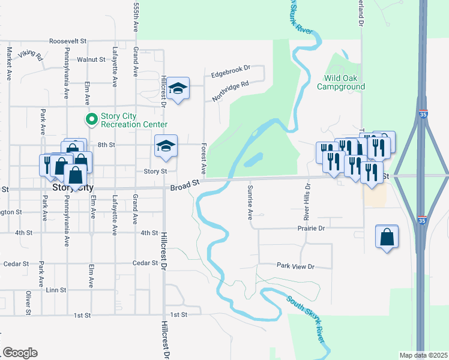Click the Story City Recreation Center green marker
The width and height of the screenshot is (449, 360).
click(x=92, y=120)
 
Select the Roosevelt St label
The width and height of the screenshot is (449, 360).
click(x=68, y=41)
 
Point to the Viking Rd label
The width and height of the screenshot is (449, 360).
click(x=30, y=56)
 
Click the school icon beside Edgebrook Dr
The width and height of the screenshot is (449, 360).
click(x=178, y=89)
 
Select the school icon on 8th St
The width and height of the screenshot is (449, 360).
click(x=166, y=146)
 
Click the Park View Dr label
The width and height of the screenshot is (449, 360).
click(x=295, y=266)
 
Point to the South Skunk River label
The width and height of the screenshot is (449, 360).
click(x=307, y=319)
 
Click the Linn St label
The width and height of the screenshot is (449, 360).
click(x=56, y=290)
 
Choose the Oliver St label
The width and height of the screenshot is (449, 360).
click(x=28, y=303)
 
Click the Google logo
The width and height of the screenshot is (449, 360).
click(x=20, y=353)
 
